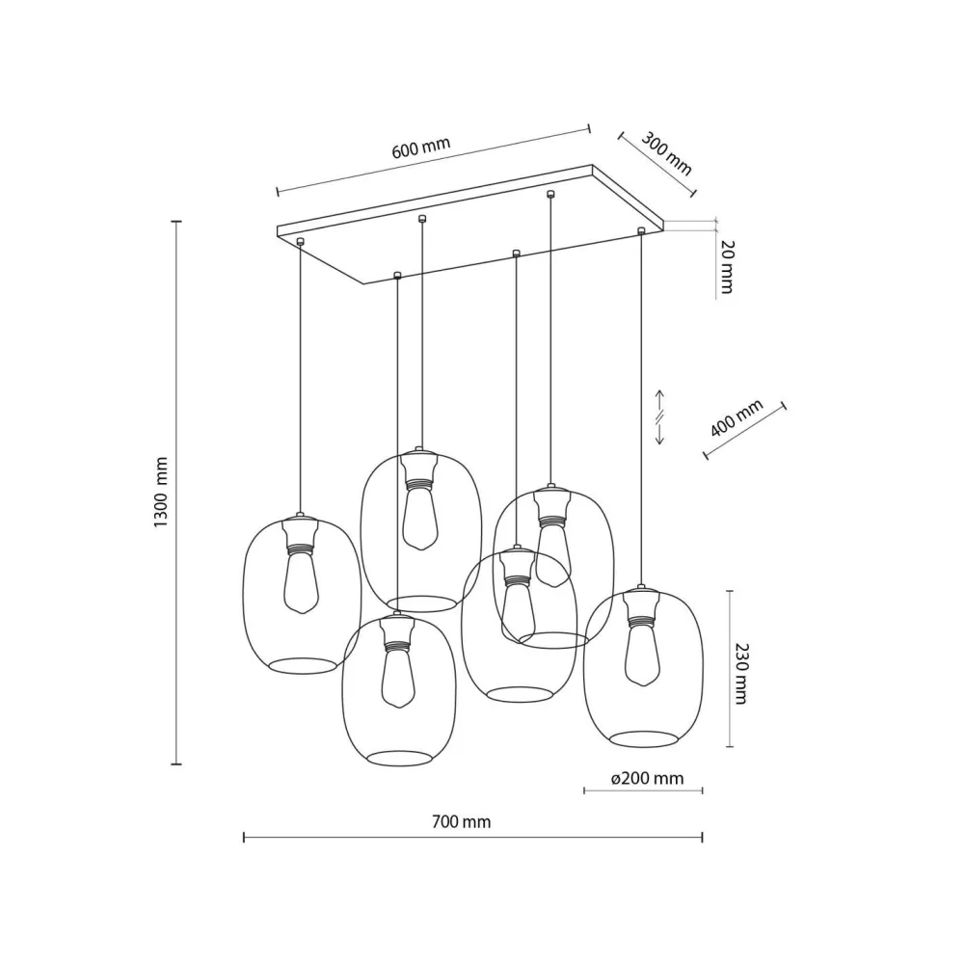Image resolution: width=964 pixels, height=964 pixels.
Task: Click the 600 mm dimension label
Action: point(421,149)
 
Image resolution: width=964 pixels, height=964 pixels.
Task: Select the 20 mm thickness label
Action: point(727,267)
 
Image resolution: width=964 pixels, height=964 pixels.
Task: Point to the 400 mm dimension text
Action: point(736,417)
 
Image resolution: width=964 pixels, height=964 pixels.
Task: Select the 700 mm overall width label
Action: point(462,822)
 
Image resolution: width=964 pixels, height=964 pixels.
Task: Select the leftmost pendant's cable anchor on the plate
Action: point(301,241)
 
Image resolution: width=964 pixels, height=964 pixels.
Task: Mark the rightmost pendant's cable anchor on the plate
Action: point(640,230)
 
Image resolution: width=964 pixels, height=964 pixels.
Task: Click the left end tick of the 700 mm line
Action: point(244,838)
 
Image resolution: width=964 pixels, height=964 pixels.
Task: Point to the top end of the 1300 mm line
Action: point(176,222)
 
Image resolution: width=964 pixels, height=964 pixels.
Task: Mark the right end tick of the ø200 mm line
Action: point(702,791)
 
